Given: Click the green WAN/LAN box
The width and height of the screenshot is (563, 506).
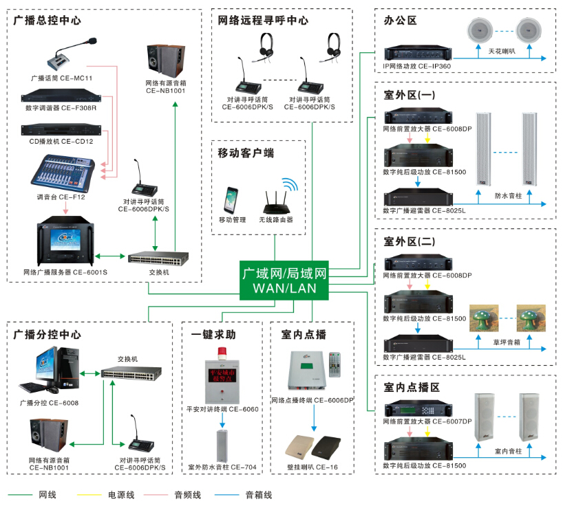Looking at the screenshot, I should coord(284,280).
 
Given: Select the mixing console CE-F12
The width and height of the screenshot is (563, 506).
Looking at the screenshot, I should coord(63,172).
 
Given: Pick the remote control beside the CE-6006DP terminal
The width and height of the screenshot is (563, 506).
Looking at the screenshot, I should coord(334,365).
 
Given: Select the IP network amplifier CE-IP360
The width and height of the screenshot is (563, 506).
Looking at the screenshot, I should coord(416,53).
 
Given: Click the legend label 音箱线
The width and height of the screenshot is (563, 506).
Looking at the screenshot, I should coord(258,494).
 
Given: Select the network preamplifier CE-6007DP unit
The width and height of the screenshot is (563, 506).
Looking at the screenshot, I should coord(417,408).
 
